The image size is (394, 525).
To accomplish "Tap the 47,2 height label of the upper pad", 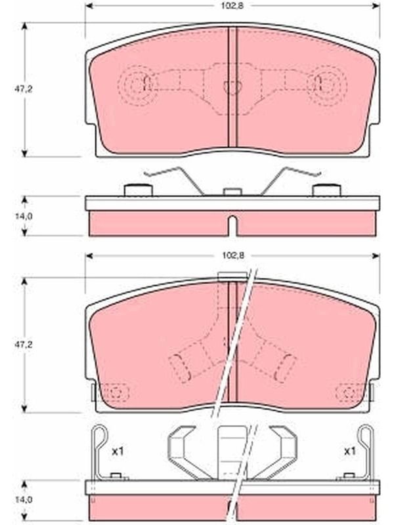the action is pyautogui.click(x=23, y=89).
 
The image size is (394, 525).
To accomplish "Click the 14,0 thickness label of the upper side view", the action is pyautogui.click(x=23, y=217).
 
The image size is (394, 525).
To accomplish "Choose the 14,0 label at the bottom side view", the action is pyautogui.click(x=23, y=500).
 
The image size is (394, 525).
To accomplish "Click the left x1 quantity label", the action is pyautogui.click(x=118, y=451).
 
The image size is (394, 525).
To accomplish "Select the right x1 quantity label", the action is pyautogui.click(x=350, y=451).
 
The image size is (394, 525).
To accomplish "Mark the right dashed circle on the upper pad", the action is pyautogui.click(x=326, y=85).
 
